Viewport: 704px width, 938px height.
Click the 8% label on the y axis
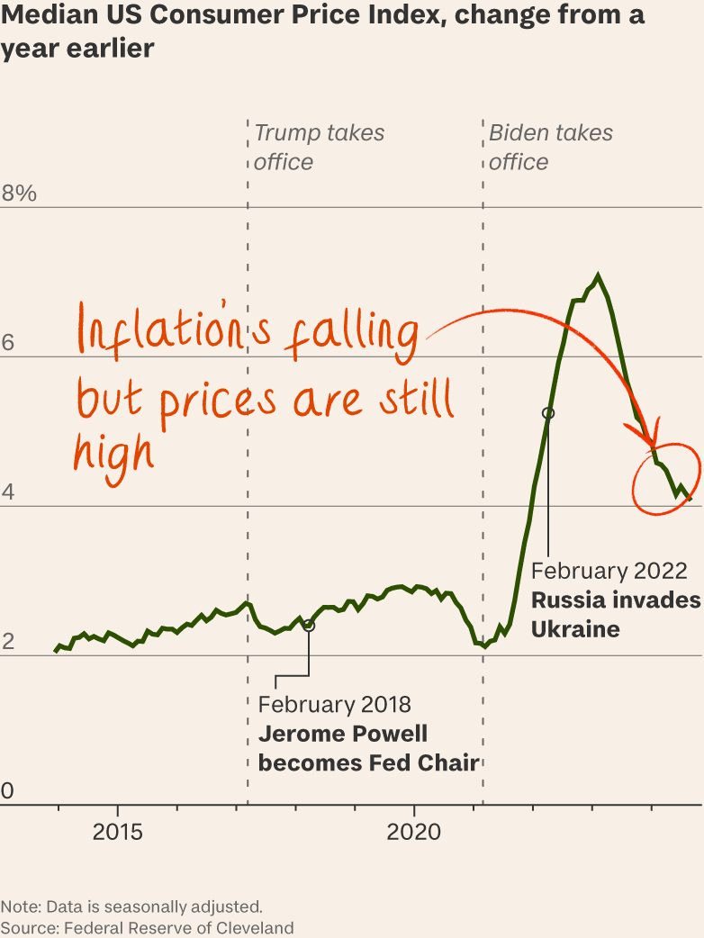[18, 193]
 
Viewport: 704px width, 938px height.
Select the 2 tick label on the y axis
[7, 641]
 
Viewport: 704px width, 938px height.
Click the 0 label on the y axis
[7, 790]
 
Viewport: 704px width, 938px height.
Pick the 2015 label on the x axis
[117, 832]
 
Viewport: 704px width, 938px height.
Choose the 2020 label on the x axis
[414, 832]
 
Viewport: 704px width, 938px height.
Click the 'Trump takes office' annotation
[319, 147]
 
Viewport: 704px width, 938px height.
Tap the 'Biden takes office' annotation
[550, 147]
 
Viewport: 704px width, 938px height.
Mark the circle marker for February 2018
[309, 625]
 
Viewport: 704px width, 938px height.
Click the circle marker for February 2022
[547, 412]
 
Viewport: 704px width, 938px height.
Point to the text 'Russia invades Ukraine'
[615, 614]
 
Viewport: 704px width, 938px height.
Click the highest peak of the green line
[597, 275]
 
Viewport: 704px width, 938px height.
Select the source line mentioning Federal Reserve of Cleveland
[147, 927]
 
